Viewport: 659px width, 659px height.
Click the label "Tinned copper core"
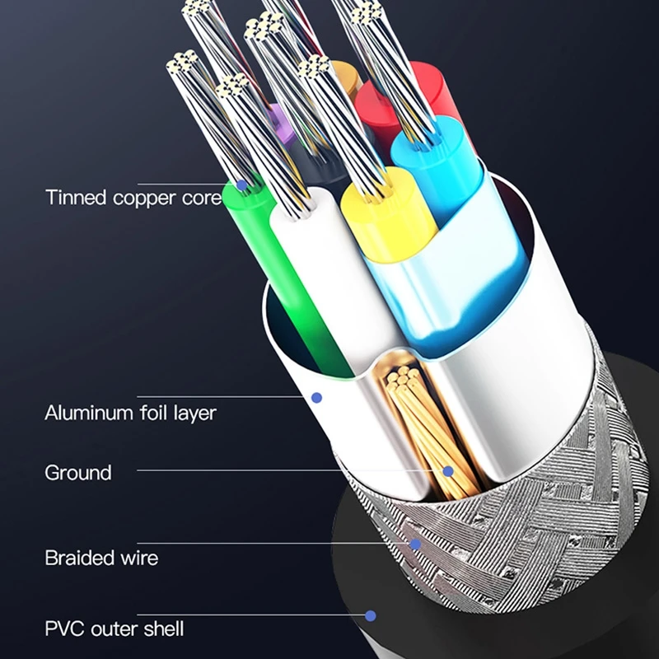(133, 198)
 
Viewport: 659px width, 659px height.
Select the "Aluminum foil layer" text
(130, 411)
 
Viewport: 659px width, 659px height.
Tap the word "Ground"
(78, 473)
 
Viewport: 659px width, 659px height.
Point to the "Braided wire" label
(101, 558)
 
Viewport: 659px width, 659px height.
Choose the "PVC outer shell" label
(115, 629)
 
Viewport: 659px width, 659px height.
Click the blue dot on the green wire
(241, 185)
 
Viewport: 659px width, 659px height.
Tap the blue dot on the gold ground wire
(448, 472)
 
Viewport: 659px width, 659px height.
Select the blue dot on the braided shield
(416, 544)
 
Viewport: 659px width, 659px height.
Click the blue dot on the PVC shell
(371, 615)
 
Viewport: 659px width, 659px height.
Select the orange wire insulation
(344, 78)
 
